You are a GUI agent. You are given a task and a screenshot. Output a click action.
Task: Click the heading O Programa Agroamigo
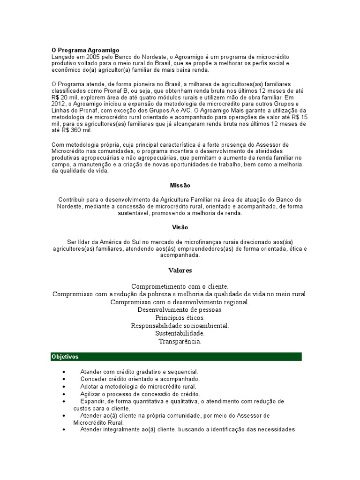coord(85,50)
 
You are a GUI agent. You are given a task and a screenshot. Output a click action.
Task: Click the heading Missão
coord(180,186)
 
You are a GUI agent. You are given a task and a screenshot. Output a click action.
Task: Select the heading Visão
coord(180,227)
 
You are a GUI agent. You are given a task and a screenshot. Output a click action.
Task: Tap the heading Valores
coord(180,270)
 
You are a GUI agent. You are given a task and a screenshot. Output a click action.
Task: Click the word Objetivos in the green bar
coord(65,357)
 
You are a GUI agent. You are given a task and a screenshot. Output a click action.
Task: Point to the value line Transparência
coord(180,341)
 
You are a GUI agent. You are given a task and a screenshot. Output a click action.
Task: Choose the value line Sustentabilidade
coord(180,333)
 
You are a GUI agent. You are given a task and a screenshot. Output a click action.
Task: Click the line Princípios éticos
coord(180,318)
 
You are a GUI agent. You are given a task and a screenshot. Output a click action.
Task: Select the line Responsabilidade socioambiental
coord(180,325)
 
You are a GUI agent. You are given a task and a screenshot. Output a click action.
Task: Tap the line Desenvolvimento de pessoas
coord(180,310)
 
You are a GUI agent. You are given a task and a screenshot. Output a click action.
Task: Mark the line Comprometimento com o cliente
coord(180,286)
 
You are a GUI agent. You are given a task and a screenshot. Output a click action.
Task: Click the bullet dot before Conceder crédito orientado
coord(64,379)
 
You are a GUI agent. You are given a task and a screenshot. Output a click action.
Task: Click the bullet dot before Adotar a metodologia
coord(64,387)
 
